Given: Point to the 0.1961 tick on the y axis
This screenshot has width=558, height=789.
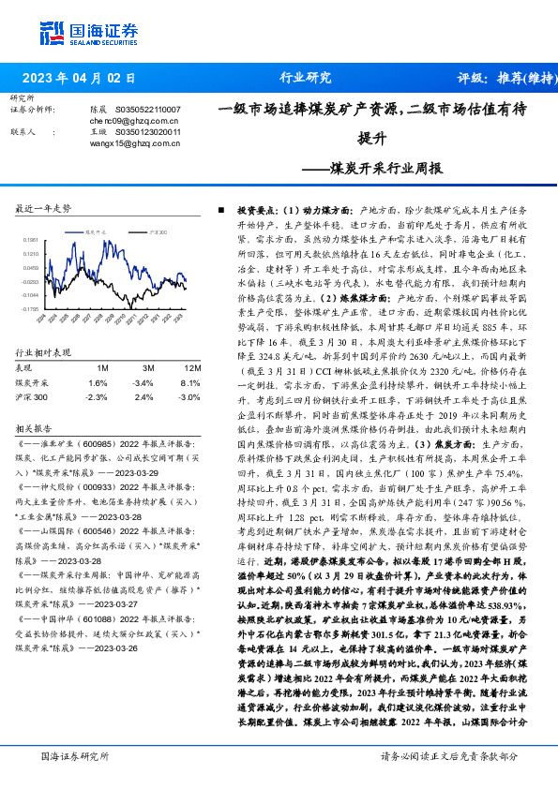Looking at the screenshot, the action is click(30, 239).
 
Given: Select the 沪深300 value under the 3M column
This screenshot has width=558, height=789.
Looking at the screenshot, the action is click(143, 396).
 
